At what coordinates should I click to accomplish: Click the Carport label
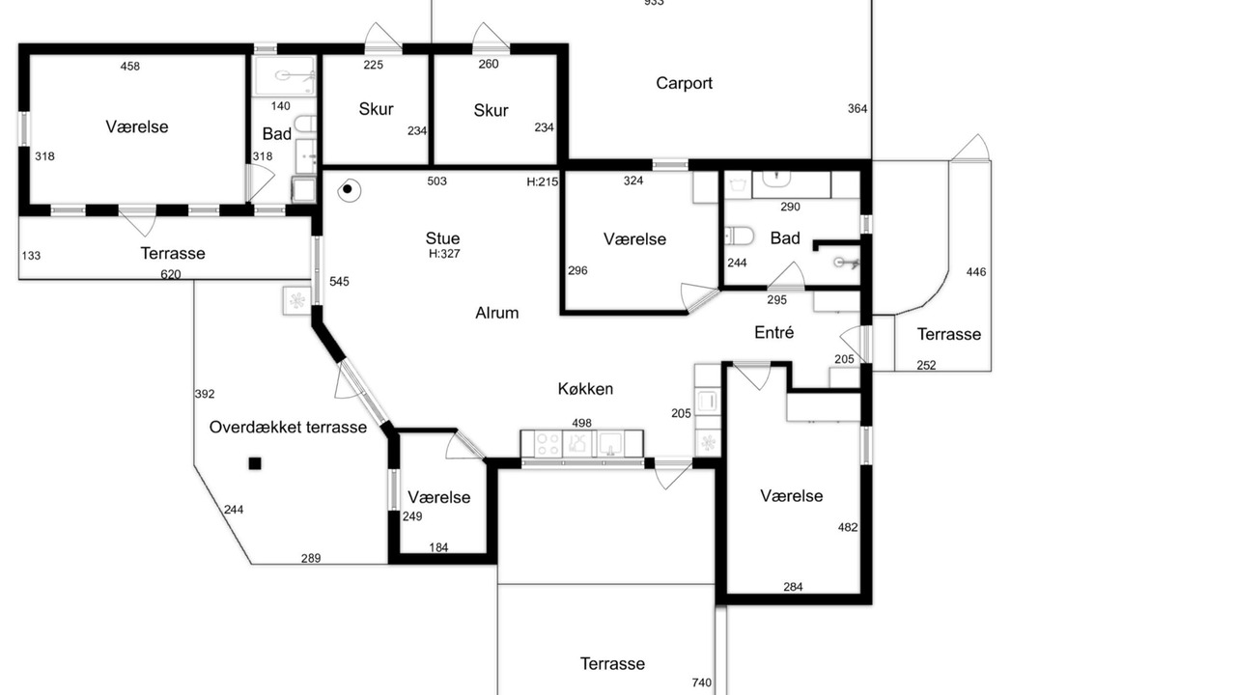pyautogui.click(x=684, y=83)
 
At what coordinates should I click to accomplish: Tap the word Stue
pyautogui.click(x=442, y=238)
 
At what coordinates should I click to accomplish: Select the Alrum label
pyautogui.click(x=496, y=313)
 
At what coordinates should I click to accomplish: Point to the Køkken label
pyautogui.click(x=585, y=389)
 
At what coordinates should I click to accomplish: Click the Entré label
pyautogui.click(x=773, y=332)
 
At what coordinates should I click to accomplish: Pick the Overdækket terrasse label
pyautogui.click(x=288, y=427)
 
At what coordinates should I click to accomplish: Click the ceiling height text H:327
pyautogui.click(x=444, y=254)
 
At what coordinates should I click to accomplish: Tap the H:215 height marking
pyautogui.click(x=543, y=181)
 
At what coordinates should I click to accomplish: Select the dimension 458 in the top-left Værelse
pyautogui.click(x=130, y=67)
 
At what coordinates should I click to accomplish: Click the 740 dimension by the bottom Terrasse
pyautogui.click(x=701, y=682)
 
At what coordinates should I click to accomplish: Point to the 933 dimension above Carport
pyautogui.click(x=654, y=3)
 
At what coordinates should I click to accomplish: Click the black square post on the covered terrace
pyautogui.click(x=254, y=463)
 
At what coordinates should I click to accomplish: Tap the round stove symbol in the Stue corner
pyautogui.click(x=348, y=190)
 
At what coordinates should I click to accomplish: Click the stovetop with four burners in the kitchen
pyautogui.click(x=548, y=445)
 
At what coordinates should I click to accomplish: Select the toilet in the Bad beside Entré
pyautogui.click(x=739, y=236)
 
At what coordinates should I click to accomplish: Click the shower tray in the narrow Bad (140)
pyautogui.click(x=284, y=75)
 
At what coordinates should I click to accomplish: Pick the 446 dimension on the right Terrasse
pyautogui.click(x=976, y=272)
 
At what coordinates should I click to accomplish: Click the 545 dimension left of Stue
pyautogui.click(x=339, y=282)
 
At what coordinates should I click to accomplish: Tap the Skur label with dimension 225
pyautogui.click(x=376, y=109)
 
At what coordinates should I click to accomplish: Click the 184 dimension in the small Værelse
pyautogui.click(x=438, y=547)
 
